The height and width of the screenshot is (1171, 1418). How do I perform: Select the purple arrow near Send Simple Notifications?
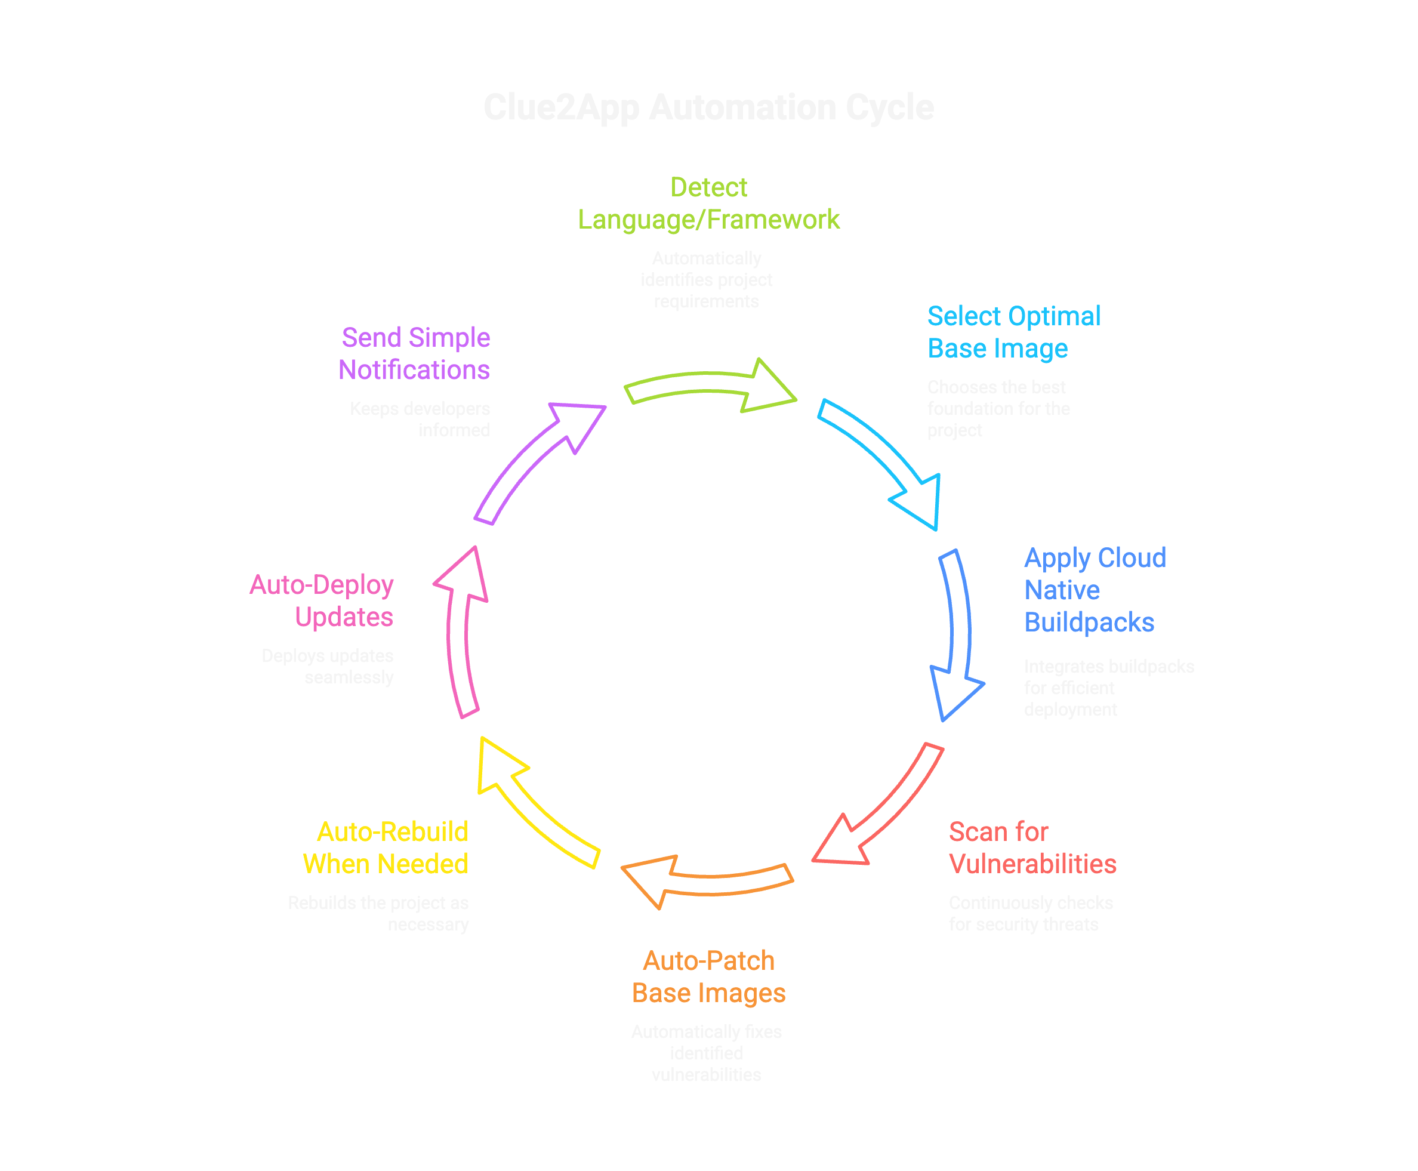click(x=533, y=459)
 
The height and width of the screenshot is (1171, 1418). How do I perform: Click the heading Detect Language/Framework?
click(x=708, y=204)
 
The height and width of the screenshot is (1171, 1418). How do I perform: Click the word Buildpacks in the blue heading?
click(x=1089, y=623)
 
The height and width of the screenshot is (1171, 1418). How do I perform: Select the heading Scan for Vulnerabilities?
click(x=1032, y=848)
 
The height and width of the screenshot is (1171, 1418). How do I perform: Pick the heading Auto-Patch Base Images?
click(x=708, y=977)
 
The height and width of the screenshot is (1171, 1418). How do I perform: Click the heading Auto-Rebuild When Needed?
click(x=386, y=848)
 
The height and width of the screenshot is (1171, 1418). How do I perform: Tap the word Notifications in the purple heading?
click(x=414, y=370)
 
